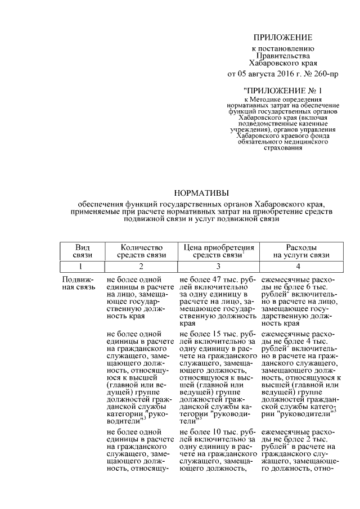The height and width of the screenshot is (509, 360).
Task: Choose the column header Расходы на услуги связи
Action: pyautogui.click(x=301, y=251)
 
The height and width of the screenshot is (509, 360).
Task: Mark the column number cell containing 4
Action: pyautogui.click(x=301, y=265)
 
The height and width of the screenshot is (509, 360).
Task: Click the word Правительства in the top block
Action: pyautogui.click(x=282, y=56)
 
